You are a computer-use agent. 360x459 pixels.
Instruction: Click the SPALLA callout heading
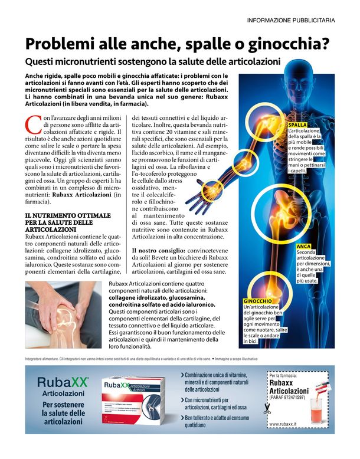coord(297,125)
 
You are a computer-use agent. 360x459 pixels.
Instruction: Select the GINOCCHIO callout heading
coord(258,301)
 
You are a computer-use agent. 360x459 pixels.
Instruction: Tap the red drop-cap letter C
coord(33,125)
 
